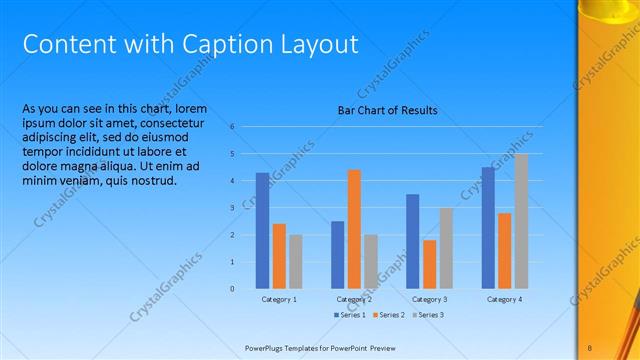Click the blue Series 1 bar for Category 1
click(262, 231)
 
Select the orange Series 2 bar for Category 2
click(354, 229)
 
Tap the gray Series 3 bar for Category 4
click(521, 221)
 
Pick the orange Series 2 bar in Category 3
click(430, 264)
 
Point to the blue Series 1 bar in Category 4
click(488, 228)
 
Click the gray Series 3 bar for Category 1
click(295, 261)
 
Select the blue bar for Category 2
click(338, 255)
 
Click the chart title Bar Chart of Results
click(387, 111)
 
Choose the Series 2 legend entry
click(389, 315)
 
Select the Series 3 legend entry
click(427, 315)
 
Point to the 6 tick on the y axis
click(231, 127)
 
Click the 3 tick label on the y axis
click(231, 208)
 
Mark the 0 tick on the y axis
click(231, 289)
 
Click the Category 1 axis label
click(279, 299)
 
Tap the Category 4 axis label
click(505, 299)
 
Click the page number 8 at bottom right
click(590, 347)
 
